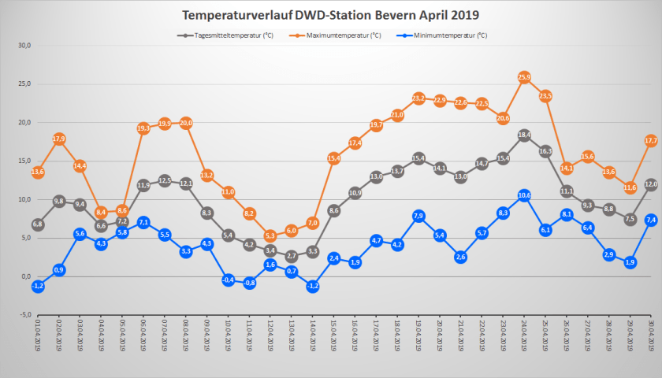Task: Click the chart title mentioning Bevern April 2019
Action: tap(330, 15)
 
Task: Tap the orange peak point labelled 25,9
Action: tap(524, 77)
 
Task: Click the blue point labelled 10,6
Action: tap(524, 195)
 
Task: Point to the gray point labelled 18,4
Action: tap(524, 135)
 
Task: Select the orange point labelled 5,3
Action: tap(270, 235)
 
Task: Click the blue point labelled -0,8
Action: tap(249, 283)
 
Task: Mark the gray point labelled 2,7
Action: tap(292, 256)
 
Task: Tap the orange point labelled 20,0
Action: tap(186, 123)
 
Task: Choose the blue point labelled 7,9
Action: tap(418, 216)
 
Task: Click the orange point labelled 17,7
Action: tap(651, 140)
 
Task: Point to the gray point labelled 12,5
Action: tap(165, 180)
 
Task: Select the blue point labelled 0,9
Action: tap(59, 270)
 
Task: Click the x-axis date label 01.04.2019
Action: tap(38, 344)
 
